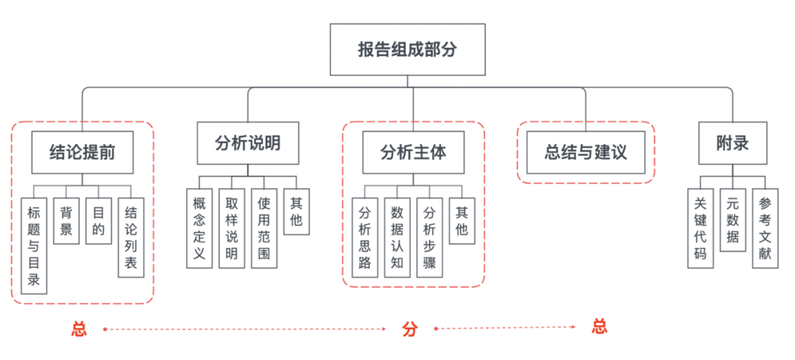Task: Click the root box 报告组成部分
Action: [x=407, y=49]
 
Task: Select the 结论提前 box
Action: [x=82, y=152]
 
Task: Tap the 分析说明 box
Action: [x=247, y=143]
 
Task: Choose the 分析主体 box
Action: [x=413, y=152]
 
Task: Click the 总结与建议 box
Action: [x=585, y=152]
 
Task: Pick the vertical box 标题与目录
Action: [x=34, y=246]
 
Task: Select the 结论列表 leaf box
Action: [x=130, y=237]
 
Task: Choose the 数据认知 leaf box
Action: [x=397, y=237]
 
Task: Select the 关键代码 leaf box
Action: [x=699, y=229]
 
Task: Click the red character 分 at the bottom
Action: [x=409, y=329]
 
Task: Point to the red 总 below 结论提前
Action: [x=79, y=329]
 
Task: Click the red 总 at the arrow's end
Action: [x=600, y=327]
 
